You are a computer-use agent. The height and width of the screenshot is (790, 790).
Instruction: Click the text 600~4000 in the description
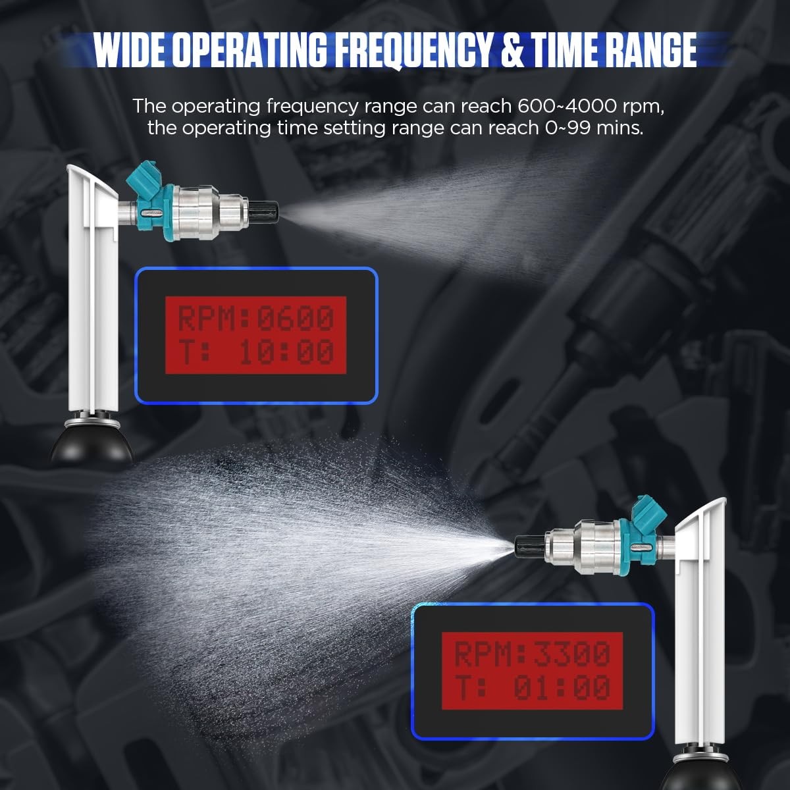point(567,106)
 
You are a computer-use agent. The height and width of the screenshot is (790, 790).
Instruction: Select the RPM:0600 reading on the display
point(256,318)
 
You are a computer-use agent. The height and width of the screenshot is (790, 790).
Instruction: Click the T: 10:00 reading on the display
point(256,352)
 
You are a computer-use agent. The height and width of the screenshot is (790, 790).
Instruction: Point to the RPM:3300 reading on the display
point(532,654)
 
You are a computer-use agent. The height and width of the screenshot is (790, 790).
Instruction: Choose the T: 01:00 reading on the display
point(532,687)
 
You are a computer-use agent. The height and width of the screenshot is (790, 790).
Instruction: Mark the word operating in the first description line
point(216,108)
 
